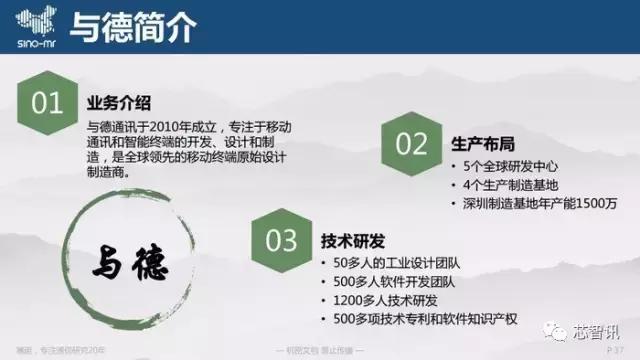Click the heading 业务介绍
point(119,104)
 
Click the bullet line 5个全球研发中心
point(509,165)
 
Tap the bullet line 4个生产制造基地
point(509,185)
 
